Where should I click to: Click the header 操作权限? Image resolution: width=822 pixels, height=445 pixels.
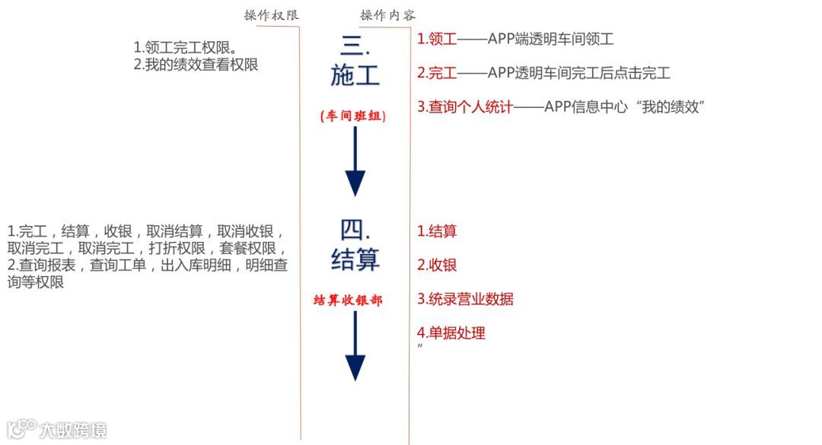click(272, 15)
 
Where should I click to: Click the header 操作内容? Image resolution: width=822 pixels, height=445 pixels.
click(388, 15)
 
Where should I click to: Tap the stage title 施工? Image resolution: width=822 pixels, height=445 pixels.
click(355, 75)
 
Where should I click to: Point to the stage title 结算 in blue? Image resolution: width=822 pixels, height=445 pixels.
click(355, 261)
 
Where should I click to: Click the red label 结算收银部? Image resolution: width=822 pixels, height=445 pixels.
click(348, 300)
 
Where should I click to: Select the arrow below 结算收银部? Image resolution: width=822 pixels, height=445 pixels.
click(355, 346)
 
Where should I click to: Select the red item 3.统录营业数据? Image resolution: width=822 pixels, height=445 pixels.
click(465, 299)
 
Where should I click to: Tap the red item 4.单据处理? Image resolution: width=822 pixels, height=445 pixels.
click(451, 332)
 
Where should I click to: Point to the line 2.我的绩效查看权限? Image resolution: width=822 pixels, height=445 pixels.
click(196, 65)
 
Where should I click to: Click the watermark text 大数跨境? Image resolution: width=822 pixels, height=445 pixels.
click(73, 430)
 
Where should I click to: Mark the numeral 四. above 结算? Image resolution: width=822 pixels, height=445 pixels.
click(355, 229)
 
